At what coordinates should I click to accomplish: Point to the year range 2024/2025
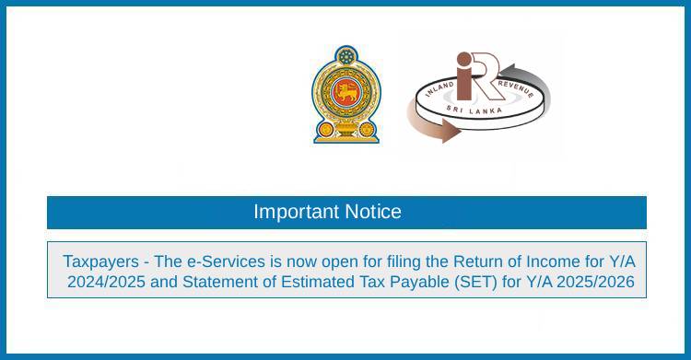pyautogui.click(x=104, y=282)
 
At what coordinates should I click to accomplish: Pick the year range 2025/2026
pyautogui.click(x=591, y=282)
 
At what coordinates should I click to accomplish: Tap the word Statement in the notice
pyautogui.click(x=213, y=282)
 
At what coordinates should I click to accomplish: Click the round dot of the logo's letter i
pyautogui.click(x=463, y=60)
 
